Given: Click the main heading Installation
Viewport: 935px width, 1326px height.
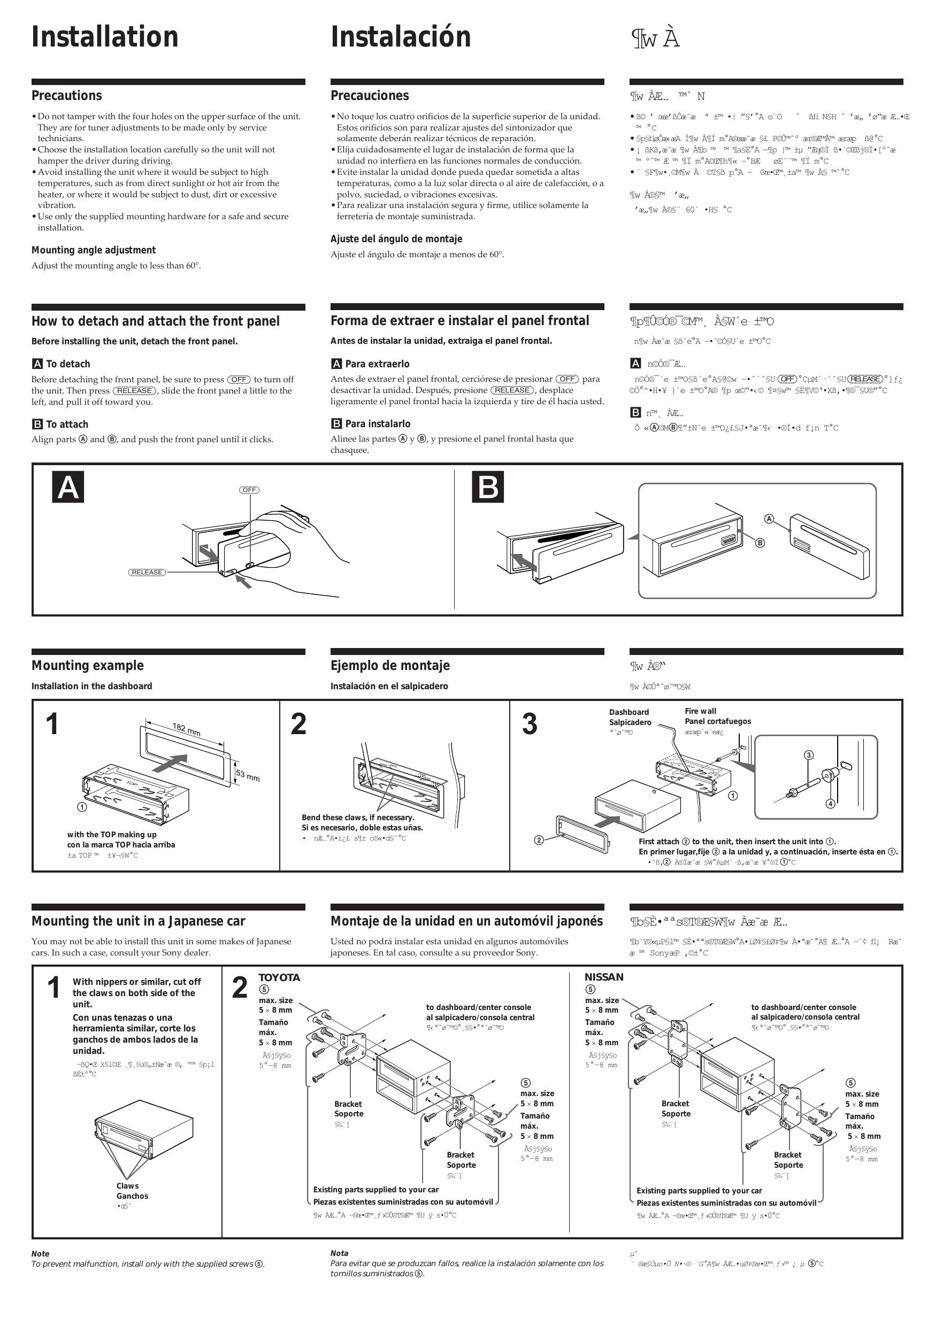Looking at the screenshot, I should (x=105, y=37).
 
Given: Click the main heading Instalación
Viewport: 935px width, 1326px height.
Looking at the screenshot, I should (x=401, y=37).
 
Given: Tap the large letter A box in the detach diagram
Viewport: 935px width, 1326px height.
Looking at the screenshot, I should (x=68, y=487).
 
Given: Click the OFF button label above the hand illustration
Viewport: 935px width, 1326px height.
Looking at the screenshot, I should (x=249, y=490).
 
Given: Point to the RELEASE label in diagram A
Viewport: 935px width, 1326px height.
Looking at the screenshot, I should (x=147, y=572).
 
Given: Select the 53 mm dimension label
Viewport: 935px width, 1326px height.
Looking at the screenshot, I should (x=247, y=775).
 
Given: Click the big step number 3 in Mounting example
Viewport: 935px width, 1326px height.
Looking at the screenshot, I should (x=530, y=724).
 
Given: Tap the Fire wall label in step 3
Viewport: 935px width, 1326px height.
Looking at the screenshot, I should (x=700, y=711).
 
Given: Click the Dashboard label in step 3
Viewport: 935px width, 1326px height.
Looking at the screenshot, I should (x=629, y=712).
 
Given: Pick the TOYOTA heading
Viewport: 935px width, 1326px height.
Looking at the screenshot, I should (x=279, y=977).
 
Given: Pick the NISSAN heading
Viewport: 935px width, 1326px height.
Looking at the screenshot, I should (x=604, y=977).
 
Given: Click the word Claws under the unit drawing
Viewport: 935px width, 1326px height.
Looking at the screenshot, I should (x=127, y=1186).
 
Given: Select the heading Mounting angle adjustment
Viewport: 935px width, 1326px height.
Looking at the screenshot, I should (x=94, y=250).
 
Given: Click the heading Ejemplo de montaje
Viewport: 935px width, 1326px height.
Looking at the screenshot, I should (x=390, y=665).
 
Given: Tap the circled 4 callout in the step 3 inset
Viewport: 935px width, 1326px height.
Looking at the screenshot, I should (x=830, y=803).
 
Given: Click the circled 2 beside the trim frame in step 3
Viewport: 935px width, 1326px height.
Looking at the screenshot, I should (x=539, y=840).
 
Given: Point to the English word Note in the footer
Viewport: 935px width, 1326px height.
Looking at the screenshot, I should (x=41, y=1254).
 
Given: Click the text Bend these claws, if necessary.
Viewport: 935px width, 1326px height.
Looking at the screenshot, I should (x=358, y=817).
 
